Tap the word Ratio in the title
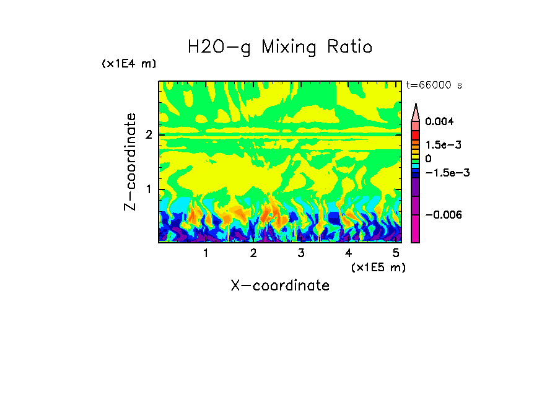(349, 47)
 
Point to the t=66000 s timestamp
(434, 85)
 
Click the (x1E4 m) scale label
(129, 64)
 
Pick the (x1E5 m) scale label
(378, 268)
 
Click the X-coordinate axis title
(280, 285)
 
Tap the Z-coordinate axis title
(130, 162)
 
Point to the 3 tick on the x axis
(300, 253)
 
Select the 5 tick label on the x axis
(396, 253)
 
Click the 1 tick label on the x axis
(206, 253)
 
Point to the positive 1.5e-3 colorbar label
(439, 144)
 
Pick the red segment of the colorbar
(416, 134)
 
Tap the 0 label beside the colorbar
(428, 159)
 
